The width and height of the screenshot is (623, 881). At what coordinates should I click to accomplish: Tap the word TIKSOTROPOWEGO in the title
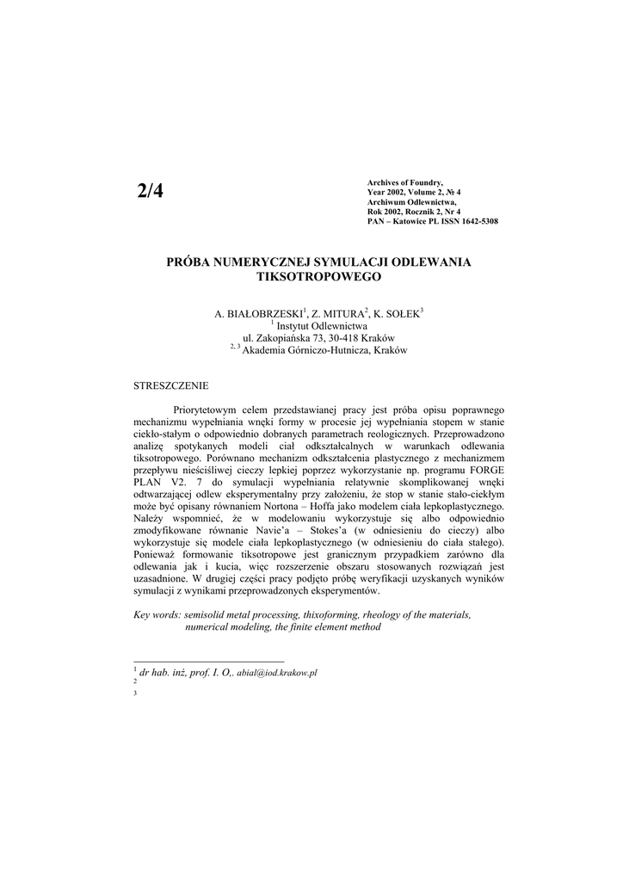(318, 277)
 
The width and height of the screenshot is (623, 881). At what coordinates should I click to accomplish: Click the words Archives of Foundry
(404, 183)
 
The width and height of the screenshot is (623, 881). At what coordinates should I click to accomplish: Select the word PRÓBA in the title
(189, 261)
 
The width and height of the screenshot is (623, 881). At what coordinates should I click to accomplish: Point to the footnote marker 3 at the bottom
(136, 693)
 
